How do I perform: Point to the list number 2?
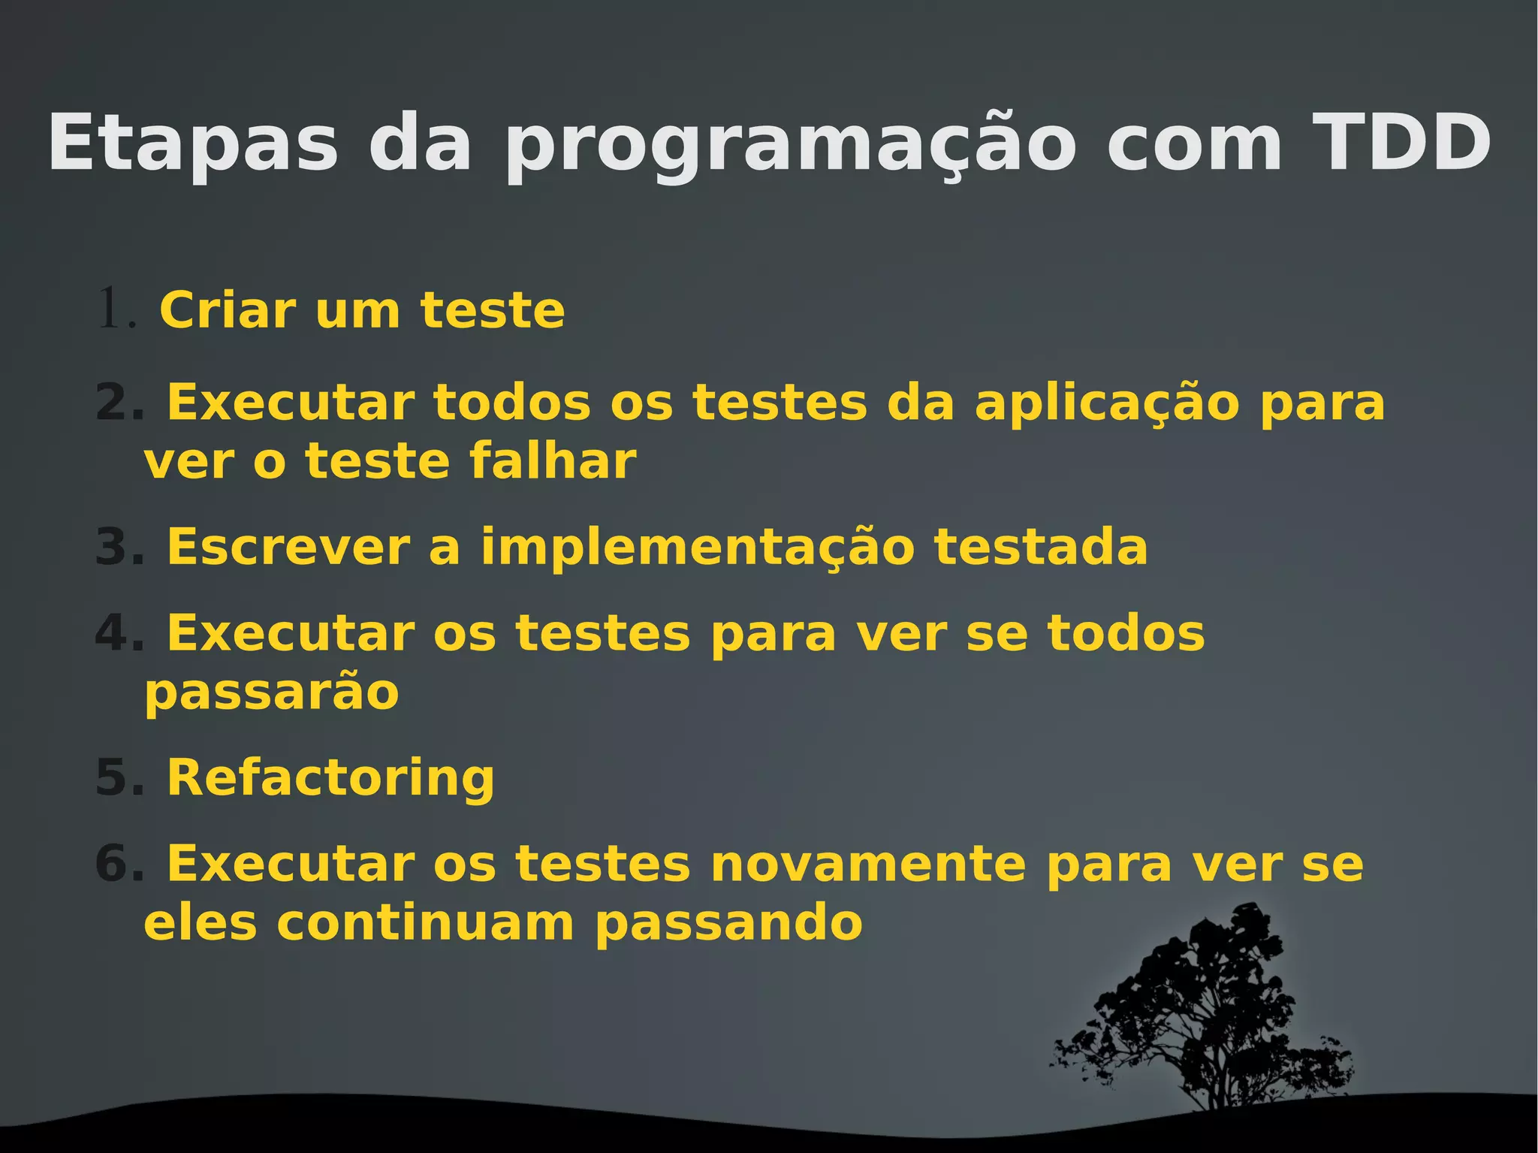(x=119, y=403)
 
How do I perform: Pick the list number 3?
(x=119, y=547)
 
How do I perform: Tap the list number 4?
(x=119, y=633)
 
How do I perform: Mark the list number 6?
(x=119, y=864)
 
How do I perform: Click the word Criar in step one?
(x=228, y=309)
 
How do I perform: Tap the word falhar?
(x=553, y=460)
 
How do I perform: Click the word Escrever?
(x=288, y=547)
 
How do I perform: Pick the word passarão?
(x=271, y=693)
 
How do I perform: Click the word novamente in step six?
(x=867, y=864)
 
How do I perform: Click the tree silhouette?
(x=1209, y=1014)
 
